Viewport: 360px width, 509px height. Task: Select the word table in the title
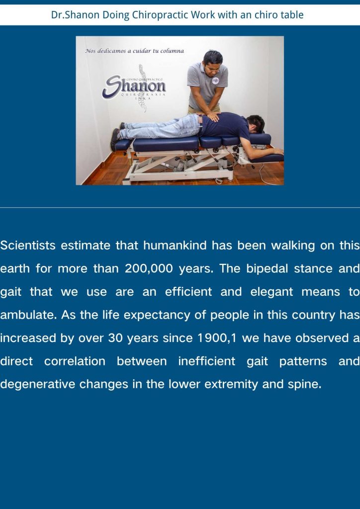coord(291,15)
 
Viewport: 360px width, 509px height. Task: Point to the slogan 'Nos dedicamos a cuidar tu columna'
coord(134,51)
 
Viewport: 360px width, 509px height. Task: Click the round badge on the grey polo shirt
coord(215,80)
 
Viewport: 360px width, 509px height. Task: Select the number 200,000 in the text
coord(149,269)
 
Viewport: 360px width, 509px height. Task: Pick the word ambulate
coord(27,315)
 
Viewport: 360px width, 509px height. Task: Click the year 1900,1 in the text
coord(217,338)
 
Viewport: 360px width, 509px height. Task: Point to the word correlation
coord(75,361)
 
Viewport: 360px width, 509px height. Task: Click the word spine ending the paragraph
coord(304,384)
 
